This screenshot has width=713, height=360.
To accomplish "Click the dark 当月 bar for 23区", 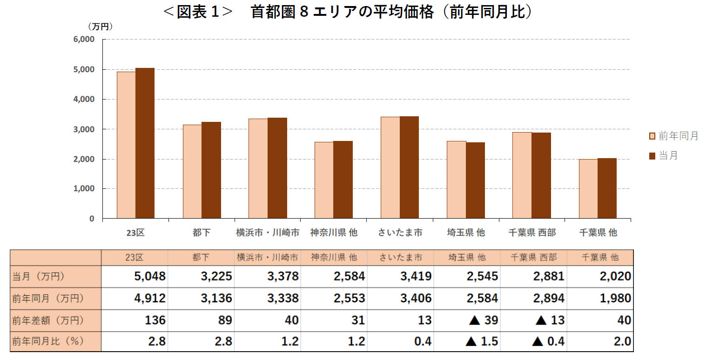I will (x=145, y=143).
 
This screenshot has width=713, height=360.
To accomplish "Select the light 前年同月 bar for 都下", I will (x=192, y=172).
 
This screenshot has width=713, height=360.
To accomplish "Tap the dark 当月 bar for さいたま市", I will (x=409, y=167).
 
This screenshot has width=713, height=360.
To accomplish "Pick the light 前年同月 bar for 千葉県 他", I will (x=588, y=189).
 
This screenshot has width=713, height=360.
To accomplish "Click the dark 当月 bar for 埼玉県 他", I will (x=475, y=180).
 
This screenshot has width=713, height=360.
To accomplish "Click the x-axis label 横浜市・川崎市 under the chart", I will (x=268, y=233).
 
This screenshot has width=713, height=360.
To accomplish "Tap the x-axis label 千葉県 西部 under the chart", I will (x=532, y=233).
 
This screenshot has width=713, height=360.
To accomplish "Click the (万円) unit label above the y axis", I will (x=100, y=27).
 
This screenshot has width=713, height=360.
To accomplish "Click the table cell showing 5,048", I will (x=150, y=276).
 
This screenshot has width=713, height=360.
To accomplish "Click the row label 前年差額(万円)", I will (x=48, y=320).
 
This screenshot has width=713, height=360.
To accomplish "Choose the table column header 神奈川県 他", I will (x=334, y=257).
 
